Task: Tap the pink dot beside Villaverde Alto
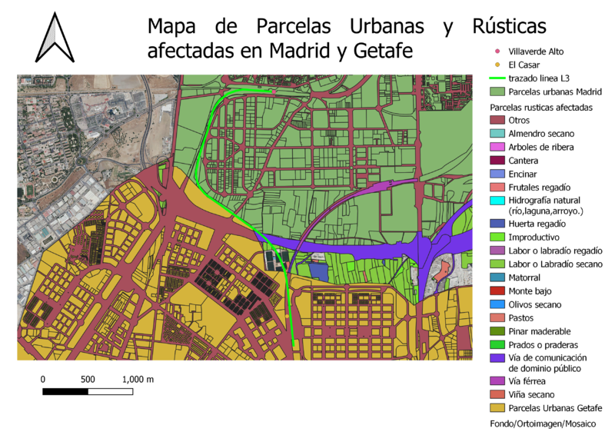[x=497, y=51]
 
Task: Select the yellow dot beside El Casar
[x=497, y=65]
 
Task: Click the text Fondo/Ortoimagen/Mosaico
[x=541, y=423]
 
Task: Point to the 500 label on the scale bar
[x=88, y=380]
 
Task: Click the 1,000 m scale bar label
[x=138, y=380]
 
